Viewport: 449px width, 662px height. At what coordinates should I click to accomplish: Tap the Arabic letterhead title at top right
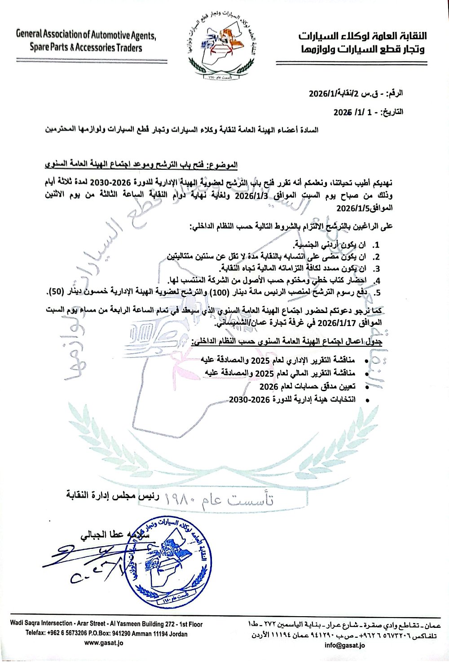click(362, 42)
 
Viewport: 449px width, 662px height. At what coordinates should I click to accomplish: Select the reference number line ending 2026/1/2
click(356, 94)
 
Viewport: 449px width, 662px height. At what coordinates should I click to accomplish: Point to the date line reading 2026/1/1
click(368, 112)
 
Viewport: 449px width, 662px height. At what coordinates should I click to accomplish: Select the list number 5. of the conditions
click(377, 293)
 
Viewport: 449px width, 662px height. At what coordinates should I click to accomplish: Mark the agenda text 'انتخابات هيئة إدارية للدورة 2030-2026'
click(292, 399)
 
